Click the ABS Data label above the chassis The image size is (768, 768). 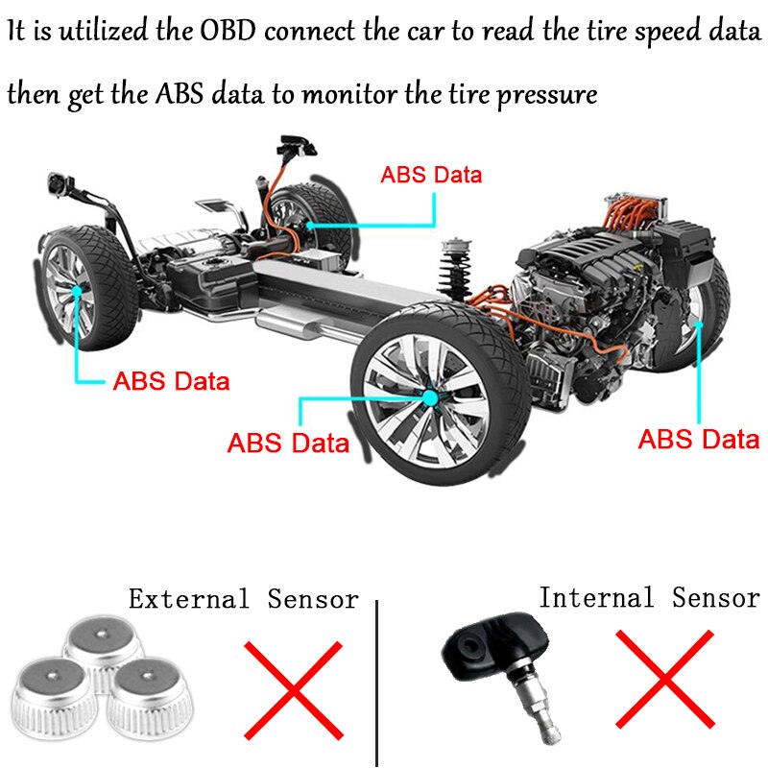coord(431,176)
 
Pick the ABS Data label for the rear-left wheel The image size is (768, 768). coord(172,380)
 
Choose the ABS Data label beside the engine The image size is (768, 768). coord(699,440)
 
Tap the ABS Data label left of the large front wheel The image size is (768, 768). coord(288,444)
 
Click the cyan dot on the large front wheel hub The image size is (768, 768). coord(431,394)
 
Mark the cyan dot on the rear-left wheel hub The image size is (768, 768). coord(76,289)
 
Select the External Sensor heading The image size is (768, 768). coord(244,600)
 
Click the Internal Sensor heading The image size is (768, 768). coord(649,598)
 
